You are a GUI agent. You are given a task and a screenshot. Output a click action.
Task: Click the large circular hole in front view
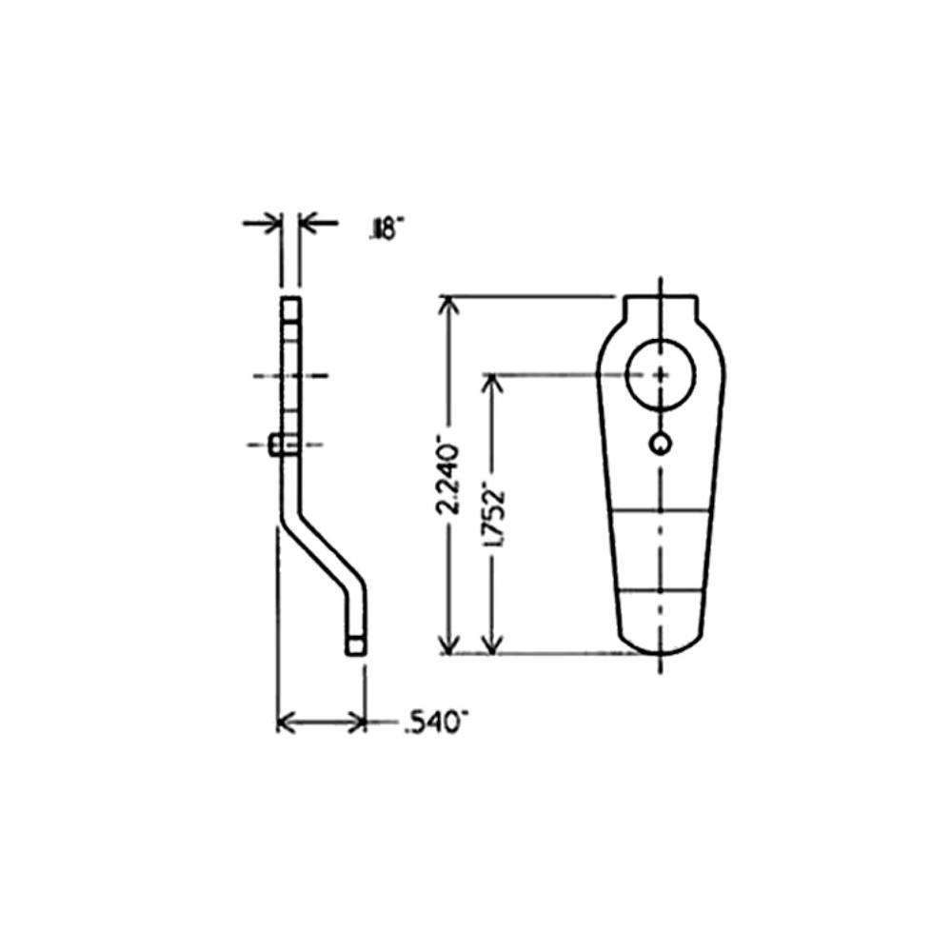(661, 372)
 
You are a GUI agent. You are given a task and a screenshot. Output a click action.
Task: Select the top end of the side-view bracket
(290, 305)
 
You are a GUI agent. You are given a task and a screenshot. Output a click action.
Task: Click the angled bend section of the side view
(322, 552)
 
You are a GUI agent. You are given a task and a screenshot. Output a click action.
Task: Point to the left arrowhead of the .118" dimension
(273, 224)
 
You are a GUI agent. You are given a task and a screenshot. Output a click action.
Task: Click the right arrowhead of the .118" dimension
(308, 224)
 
